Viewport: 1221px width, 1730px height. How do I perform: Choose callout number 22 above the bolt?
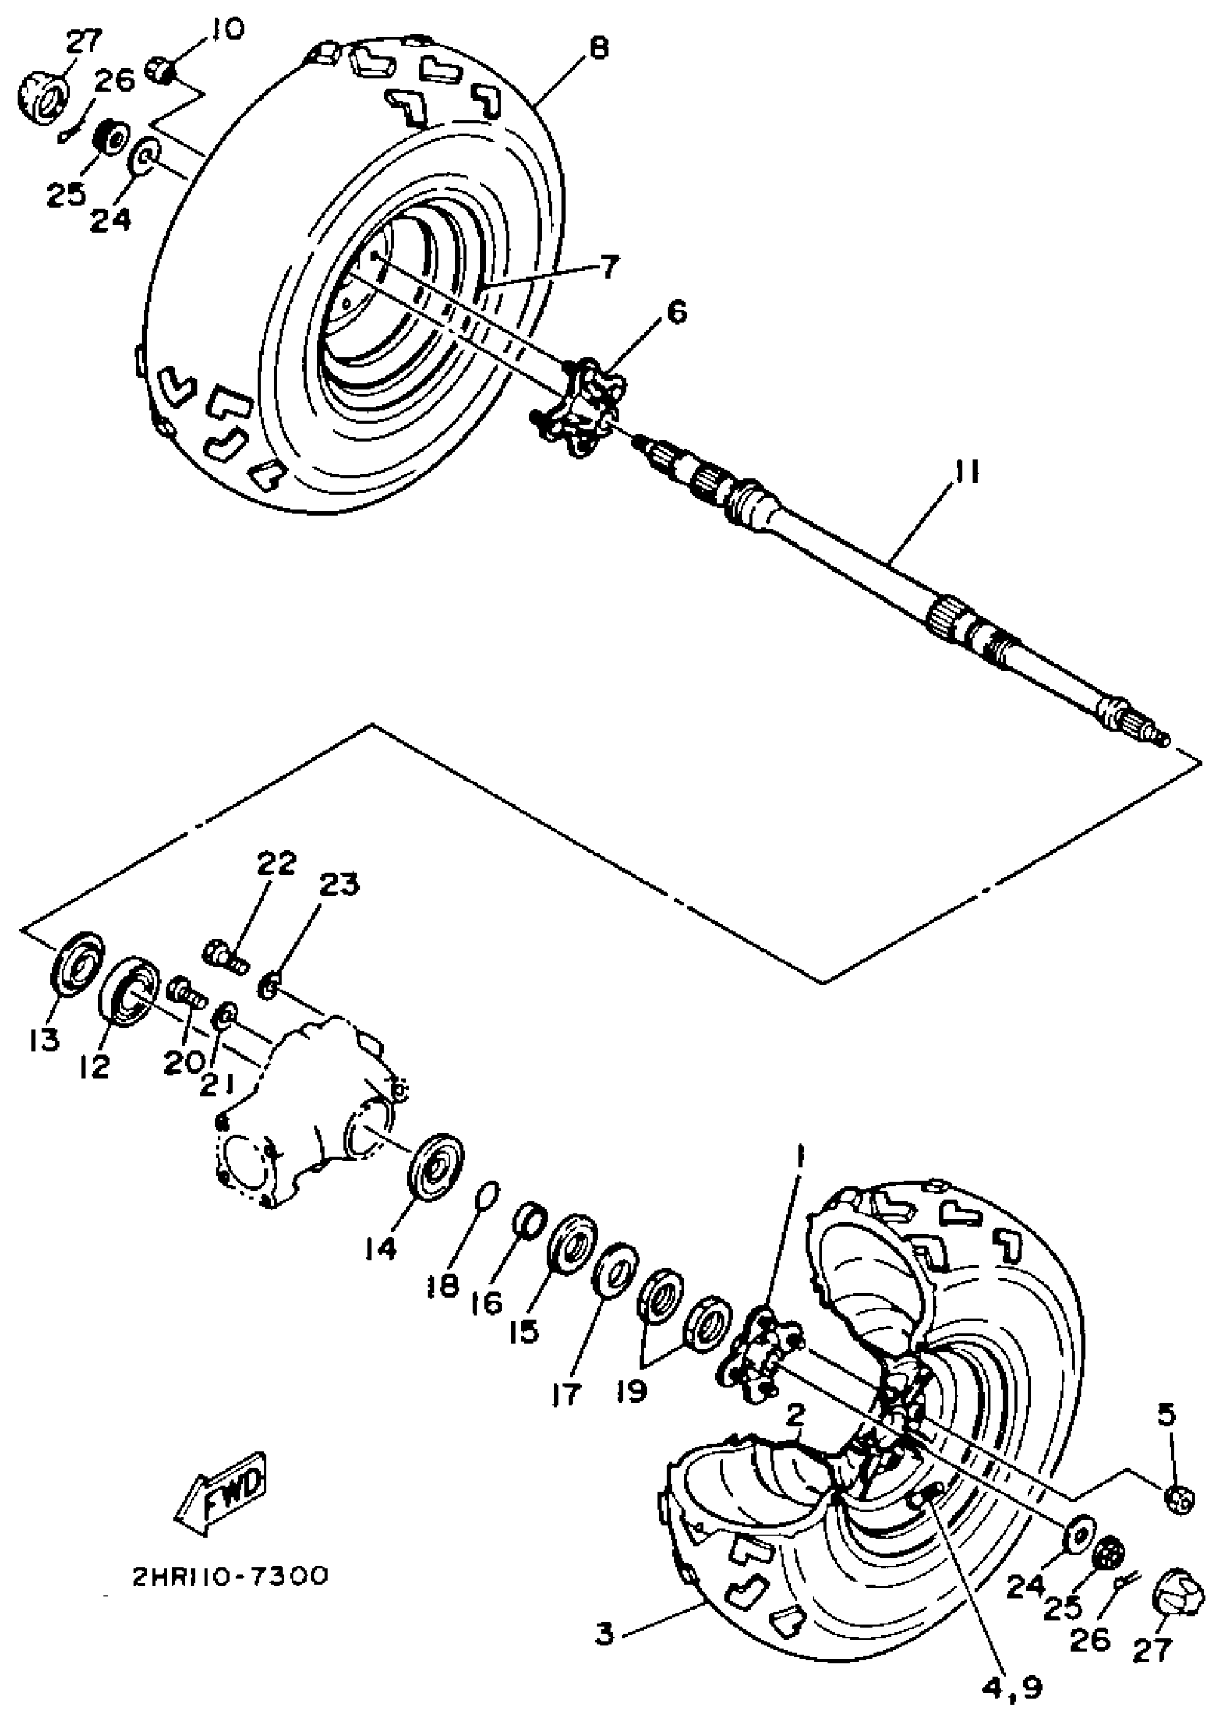click(x=276, y=865)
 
